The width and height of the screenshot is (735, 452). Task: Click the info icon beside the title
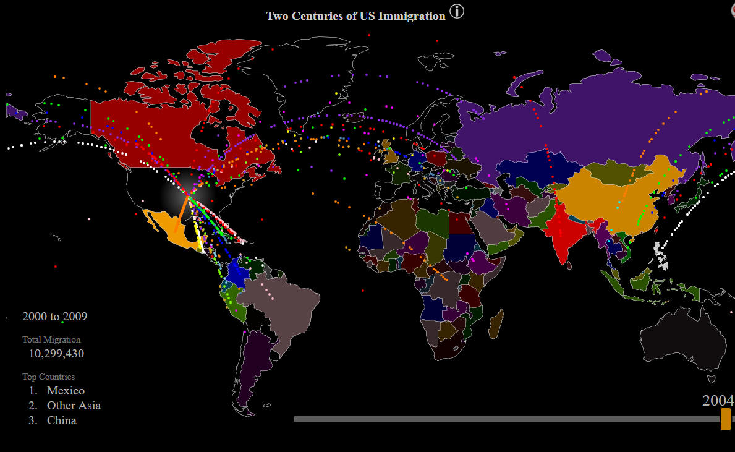(457, 11)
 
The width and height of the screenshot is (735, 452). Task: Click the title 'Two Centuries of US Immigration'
(355, 16)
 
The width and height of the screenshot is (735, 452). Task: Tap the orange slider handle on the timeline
(725, 419)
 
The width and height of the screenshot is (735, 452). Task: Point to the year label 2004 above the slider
(718, 400)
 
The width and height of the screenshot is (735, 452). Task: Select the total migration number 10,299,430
(56, 354)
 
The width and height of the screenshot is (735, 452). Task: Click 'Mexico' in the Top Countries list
(66, 391)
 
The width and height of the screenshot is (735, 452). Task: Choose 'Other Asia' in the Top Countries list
(74, 406)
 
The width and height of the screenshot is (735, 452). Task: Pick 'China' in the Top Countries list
(62, 420)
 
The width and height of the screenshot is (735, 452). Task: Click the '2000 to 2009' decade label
(54, 317)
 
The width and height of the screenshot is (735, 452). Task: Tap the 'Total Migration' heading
(51, 339)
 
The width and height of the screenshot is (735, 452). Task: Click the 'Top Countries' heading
(48, 377)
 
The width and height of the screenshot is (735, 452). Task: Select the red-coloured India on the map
(561, 232)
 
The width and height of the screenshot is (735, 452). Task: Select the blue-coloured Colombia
(237, 272)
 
